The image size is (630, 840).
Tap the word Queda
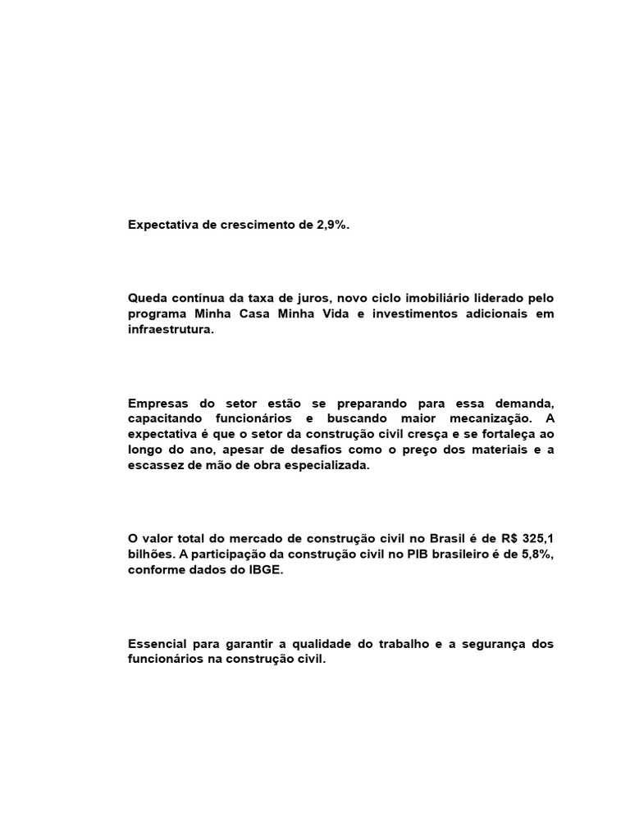click(x=148, y=299)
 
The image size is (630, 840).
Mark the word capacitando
click(x=167, y=419)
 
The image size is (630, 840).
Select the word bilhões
click(x=151, y=555)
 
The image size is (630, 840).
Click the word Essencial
click(x=158, y=644)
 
